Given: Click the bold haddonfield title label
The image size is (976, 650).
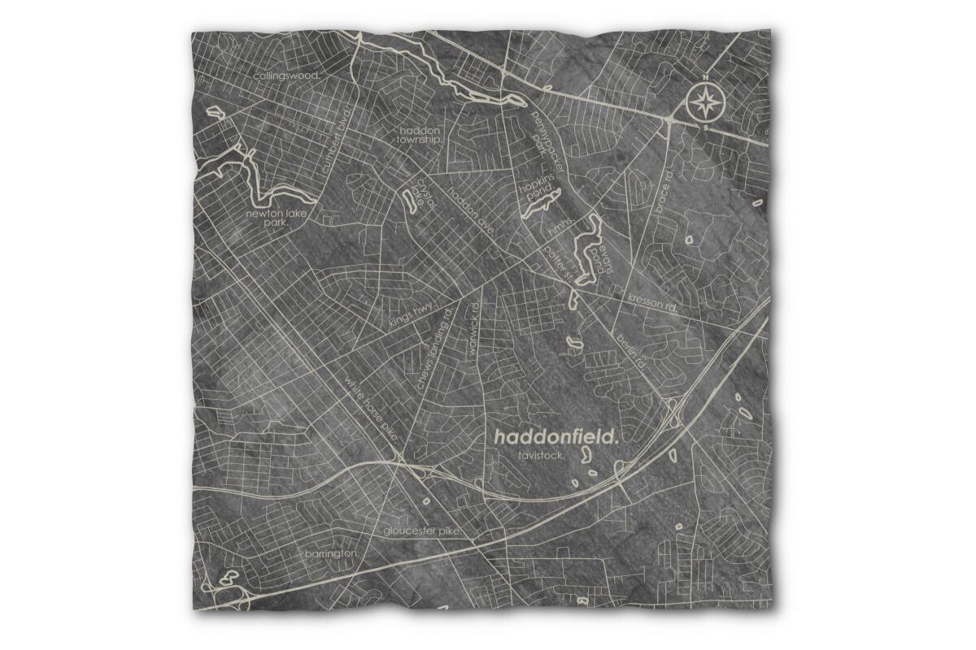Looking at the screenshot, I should pyautogui.click(x=556, y=436).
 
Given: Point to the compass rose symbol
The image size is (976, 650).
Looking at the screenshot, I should pyautogui.click(x=705, y=103).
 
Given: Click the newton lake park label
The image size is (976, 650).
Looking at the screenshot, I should pyautogui.click(x=274, y=218).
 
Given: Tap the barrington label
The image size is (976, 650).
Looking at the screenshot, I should pyautogui.click(x=331, y=553).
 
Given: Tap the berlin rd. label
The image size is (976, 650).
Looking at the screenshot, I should pyautogui.click(x=630, y=350).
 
